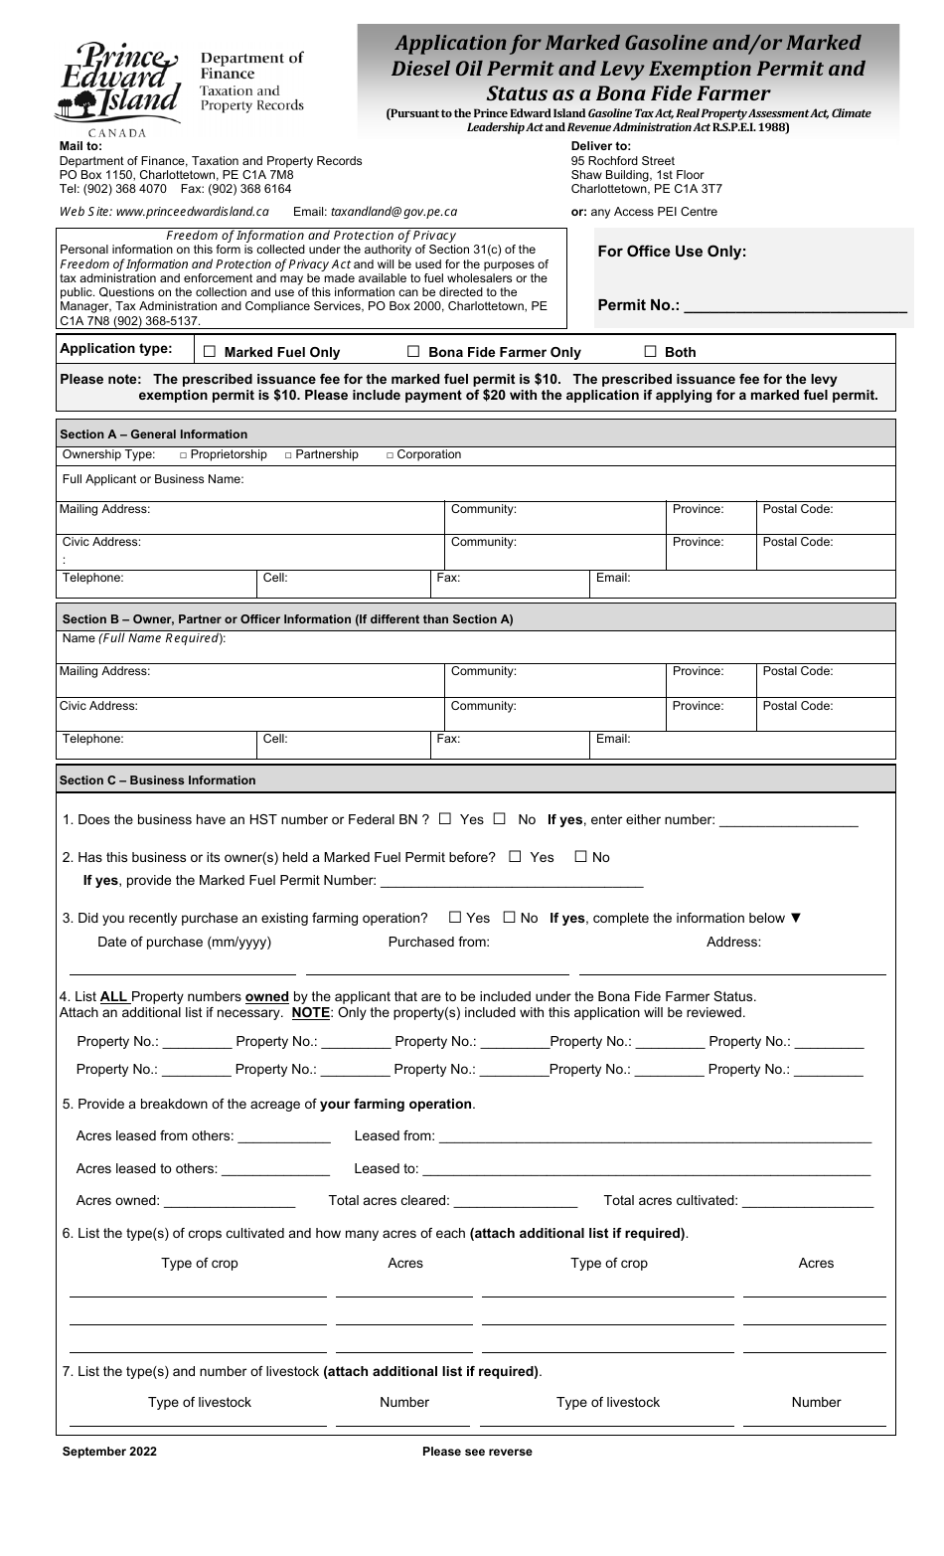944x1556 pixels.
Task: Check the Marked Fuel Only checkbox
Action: pyautogui.click(x=210, y=352)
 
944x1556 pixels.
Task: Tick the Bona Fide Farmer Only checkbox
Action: pyautogui.click(x=413, y=352)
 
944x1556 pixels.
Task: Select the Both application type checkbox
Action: pyautogui.click(x=651, y=351)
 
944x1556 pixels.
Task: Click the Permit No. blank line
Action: pyautogui.click(x=795, y=306)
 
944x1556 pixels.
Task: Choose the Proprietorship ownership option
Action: pyautogui.click(x=184, y=455)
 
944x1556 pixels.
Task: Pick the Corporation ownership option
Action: pyautogui.click(x=390, y=455)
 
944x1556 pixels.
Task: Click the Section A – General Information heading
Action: pyautogui.click(x=154, y=434)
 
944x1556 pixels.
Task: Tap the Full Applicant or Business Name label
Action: pyautogui.click(x=153, y=479)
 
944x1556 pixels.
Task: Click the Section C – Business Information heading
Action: pyautogui.click(x=158, y=780)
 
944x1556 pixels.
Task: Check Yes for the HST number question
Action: pyautogui.click(x=445, y=819)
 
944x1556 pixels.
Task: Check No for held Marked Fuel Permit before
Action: pyautogui.click(x=581, y=857)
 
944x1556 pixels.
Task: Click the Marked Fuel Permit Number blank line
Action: pyautogui.click(x=512, y=881)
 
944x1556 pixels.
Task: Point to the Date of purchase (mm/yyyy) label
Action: pyautogui.click(x=184, y=943)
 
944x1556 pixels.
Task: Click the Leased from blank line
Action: pyautogui.click(x=655, y=1136)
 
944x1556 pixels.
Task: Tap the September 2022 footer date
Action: pyautogui.click(x=109, y=1452)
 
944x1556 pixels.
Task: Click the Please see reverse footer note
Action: pyautogui.click(x=477, y=1452)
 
